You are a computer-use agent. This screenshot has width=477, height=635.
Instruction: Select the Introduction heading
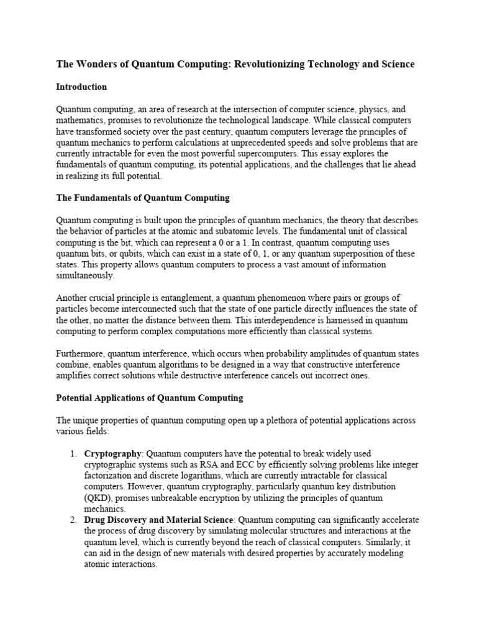click(81, 87)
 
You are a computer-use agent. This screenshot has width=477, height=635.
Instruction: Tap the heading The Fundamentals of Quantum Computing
click(143, 198)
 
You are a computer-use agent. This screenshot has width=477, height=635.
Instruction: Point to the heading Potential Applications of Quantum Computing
click(150, 397)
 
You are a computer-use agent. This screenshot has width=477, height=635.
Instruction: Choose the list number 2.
click(73, 519)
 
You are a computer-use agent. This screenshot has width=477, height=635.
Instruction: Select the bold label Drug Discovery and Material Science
click(159, 519)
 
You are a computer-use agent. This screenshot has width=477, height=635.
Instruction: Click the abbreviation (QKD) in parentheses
click(98, 498)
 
